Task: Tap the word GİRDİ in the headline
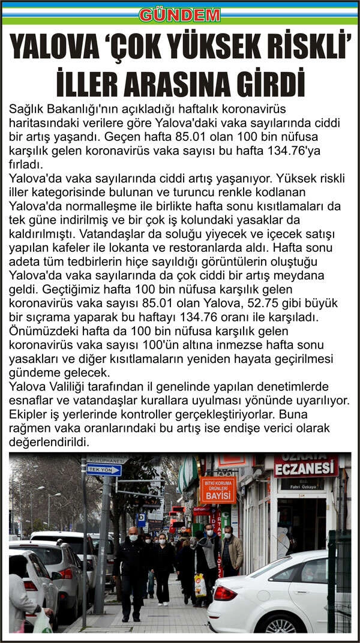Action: click(x=268, y=83)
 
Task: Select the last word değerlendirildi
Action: click(x=50, y=442)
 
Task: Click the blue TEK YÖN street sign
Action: click(x=103, y=470)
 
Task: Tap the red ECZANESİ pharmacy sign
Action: click(x=307, y=467)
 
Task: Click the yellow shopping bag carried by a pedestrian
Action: click(x=200, y=585)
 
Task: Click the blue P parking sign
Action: click(x=142, y=516)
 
